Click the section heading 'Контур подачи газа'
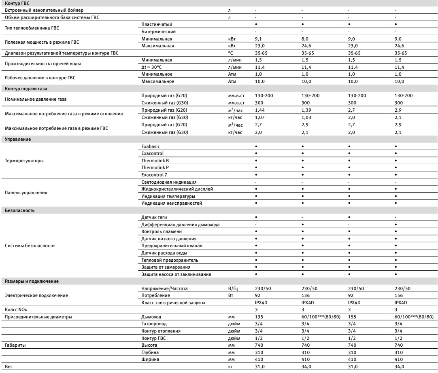(x=23, y=89)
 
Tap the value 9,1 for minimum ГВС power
(x=259, y=39)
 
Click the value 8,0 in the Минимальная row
(x=305, y=39)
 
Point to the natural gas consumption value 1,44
(x=259, y=110)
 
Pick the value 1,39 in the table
(x=306, y=110)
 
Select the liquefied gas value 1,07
(x=259, y=117)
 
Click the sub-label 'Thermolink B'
(x=155, y=161)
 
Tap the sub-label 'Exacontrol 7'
(x=154, y=175)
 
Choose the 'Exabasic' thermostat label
(x=151, y=146)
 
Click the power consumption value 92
(x=257, y=296)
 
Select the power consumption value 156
(x=398, y=296)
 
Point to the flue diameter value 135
(x=259, y=317)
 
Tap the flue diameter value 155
(x=352, y=317)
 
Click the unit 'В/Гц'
(x=234, y=288)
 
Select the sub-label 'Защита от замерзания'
(x=166, y=267)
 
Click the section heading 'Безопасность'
(x=19, y=210)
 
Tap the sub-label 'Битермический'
(x=158, y=32)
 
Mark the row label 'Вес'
(x=9, y=367)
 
